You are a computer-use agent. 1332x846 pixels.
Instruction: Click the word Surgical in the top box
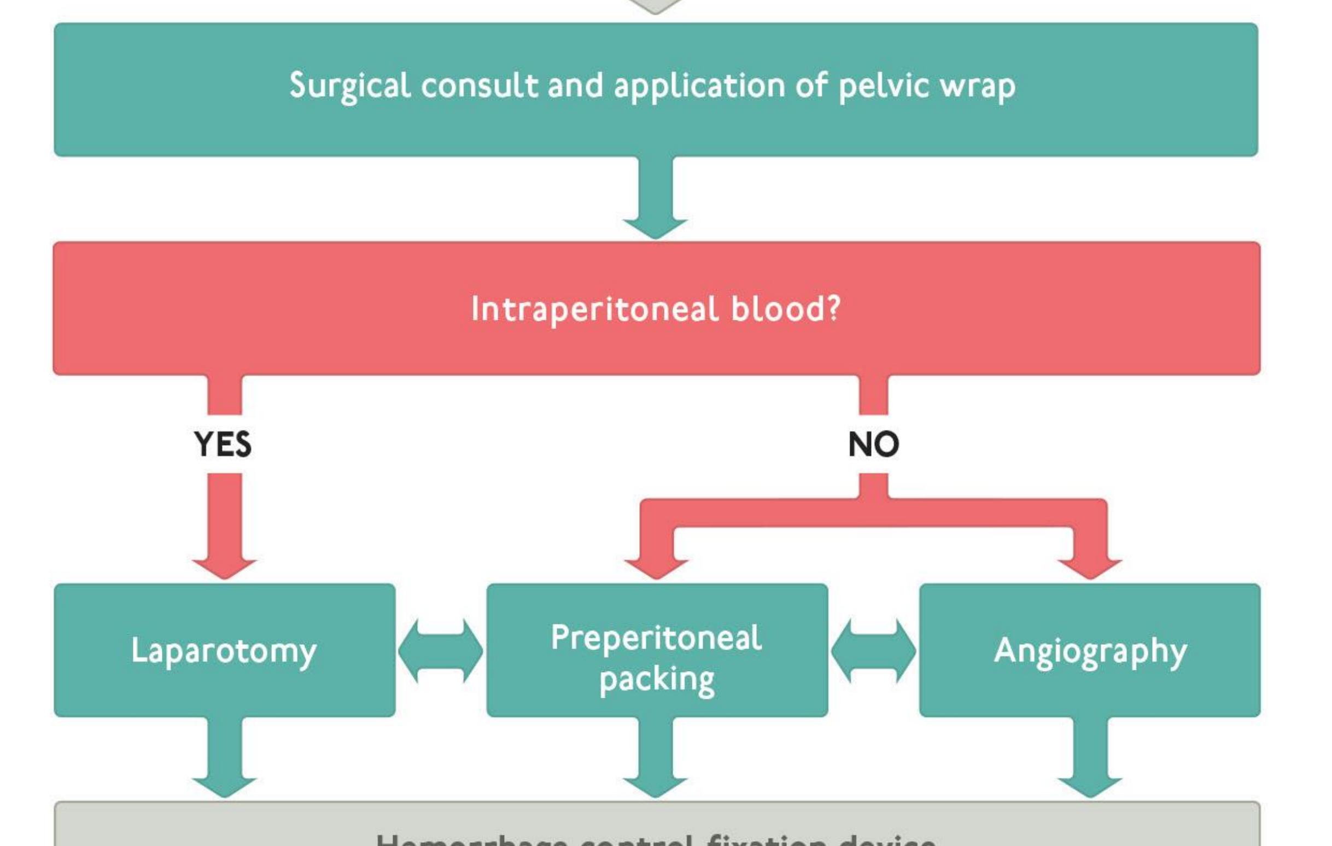click(349, 86)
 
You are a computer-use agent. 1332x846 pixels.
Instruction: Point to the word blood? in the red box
click(786, 309)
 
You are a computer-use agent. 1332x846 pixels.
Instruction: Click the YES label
click(223, 444)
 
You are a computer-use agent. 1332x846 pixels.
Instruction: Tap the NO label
click(873, 444)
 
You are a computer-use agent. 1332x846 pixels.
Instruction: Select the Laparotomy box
click(225, 651)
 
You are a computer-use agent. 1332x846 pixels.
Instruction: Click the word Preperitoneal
click(656, 638)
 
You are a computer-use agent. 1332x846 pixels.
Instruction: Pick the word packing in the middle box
click(657, 679)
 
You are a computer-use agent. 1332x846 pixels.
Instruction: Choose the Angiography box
click(1090, 651)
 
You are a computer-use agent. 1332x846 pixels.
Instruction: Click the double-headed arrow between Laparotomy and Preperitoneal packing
click(440, 651)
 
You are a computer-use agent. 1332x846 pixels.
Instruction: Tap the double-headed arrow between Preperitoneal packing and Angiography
click(873, 651)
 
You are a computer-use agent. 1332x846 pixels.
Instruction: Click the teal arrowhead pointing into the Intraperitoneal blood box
click(656, 228)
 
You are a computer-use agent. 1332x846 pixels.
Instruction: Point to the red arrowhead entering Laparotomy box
click(225, 568)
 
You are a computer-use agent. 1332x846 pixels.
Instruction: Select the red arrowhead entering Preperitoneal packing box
click(657, 568)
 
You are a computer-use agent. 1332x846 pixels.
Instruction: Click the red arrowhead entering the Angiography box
click(1090, 568)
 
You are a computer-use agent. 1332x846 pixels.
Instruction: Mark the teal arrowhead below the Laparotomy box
click(225, 787)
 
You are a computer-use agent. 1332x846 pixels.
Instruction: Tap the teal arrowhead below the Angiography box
click(1090, 787)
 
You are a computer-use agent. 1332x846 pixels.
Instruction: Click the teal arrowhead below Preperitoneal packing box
click(656, 787)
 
